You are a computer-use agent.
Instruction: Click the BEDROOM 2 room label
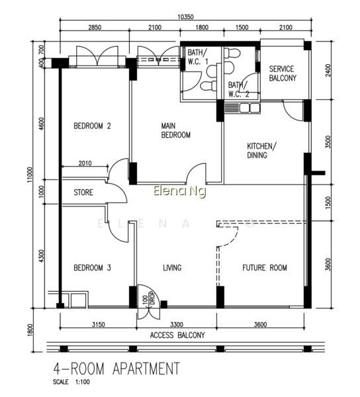pos(92,126)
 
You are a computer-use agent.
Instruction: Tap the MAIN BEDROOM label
pos(175,130)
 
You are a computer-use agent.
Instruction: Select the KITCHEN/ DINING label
pos(262,150)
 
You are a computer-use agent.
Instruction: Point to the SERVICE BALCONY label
pos(283,73)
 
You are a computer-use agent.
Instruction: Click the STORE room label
pos(83,193)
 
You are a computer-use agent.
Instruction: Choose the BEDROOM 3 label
pos(92,267)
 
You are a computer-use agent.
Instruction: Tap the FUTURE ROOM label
pos(265,267)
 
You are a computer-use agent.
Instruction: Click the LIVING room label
pos(172,267)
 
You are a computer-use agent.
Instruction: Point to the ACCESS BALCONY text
pos(177,335)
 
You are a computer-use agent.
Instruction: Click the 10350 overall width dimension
pos(185,17)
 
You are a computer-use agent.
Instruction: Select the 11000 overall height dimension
pos(30,175)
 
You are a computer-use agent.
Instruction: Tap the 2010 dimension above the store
pos(85,163)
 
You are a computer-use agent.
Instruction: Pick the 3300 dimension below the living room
pos(177,324)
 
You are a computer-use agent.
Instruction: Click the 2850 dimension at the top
pos(95,27)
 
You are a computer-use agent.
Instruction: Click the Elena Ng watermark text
pos(179,191)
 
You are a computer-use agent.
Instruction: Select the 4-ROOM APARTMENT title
pos(116,369)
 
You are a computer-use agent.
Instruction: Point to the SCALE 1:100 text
pos(71,382)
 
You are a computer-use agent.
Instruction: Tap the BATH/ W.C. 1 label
pos(197,57)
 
